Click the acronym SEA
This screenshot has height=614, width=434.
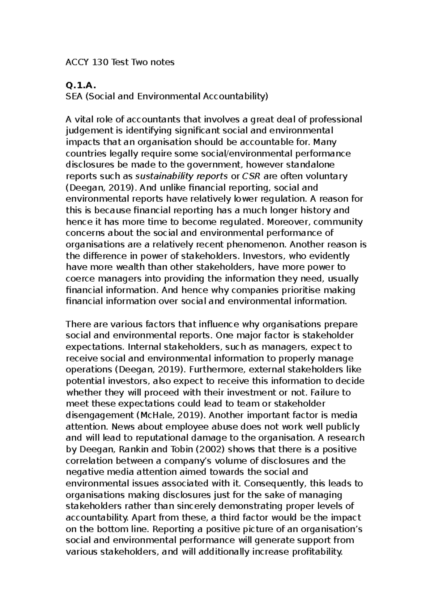74,96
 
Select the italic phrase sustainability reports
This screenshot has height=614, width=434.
181,176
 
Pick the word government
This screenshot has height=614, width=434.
214,165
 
